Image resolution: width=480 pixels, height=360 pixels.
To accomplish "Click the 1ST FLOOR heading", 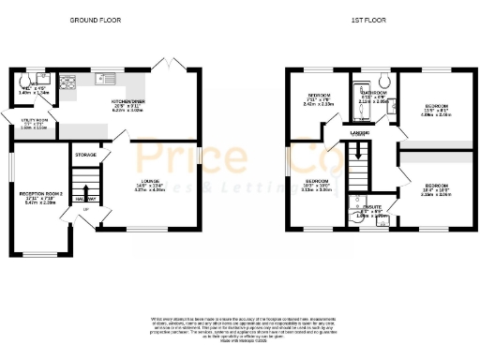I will [x=368, y=20].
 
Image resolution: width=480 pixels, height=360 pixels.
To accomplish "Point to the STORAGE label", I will [x=86, y=154].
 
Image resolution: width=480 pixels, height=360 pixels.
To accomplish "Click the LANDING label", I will [x=360, y=134].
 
